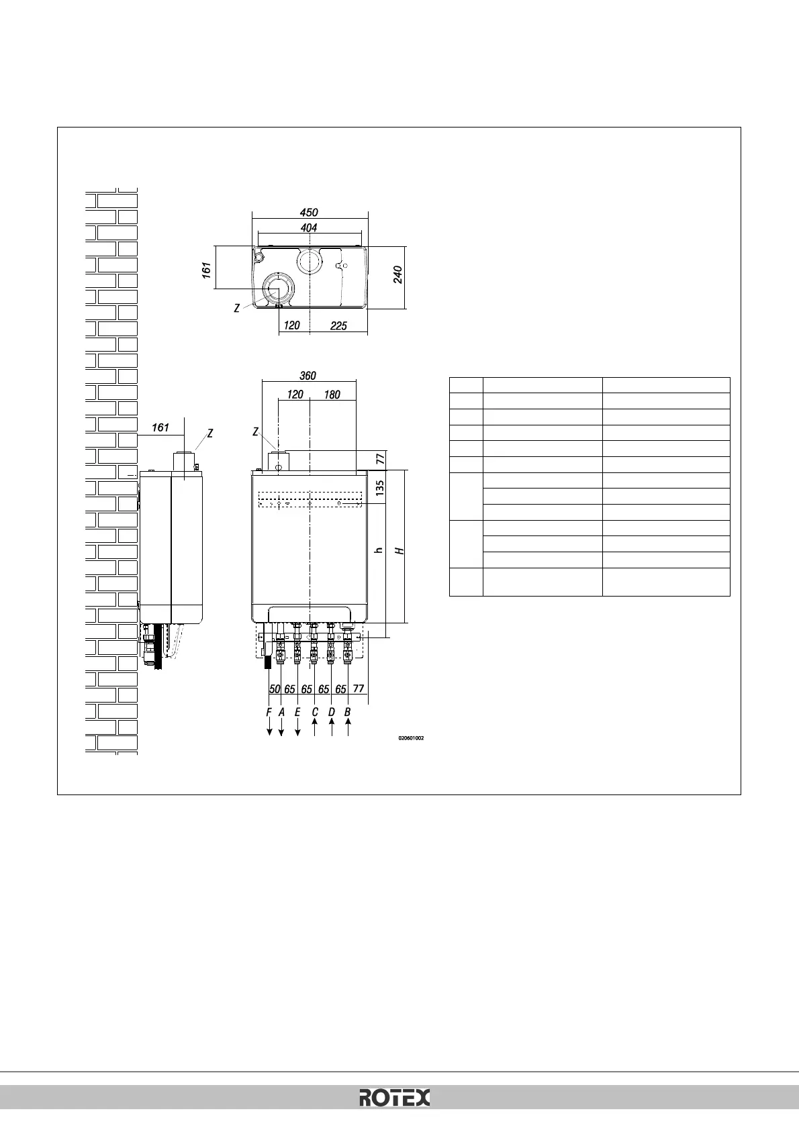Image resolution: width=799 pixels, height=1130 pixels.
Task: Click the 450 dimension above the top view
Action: [x=309, y=213]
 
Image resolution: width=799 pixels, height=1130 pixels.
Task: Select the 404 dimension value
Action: [x=309, y=228]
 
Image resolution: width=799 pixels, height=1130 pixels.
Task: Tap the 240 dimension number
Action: [x=397, y=274]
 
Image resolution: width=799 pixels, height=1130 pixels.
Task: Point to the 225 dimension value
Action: [x=338, y=325]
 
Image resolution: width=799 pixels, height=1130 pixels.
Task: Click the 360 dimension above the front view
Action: [x=308, y=376]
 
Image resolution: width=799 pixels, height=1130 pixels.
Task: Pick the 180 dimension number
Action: [x=332, y=395]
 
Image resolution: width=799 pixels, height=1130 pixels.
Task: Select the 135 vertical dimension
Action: [x=379, y=486]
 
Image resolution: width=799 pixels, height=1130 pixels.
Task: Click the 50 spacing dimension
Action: [x=275, y=689]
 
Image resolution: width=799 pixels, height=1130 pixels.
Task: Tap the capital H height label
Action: [x=399, y=551]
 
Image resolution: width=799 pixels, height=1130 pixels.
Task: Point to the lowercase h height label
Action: [x=379, y=550]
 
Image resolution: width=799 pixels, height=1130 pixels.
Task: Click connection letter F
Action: [x=269, y=712]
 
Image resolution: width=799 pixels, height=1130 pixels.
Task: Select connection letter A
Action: [x=281, y=712]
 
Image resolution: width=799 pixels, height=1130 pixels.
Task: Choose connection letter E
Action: [x=297, y=712]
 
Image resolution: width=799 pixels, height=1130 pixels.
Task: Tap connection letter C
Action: [x=315, y=712]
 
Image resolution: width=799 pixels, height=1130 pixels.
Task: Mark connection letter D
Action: [x=331, y=712]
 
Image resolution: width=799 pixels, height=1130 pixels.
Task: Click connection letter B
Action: [x=348, y=712]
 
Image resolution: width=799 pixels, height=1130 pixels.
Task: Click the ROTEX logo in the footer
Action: [x=395, y=1098]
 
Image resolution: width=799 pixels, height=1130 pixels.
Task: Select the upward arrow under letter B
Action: [x=348, y=729]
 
